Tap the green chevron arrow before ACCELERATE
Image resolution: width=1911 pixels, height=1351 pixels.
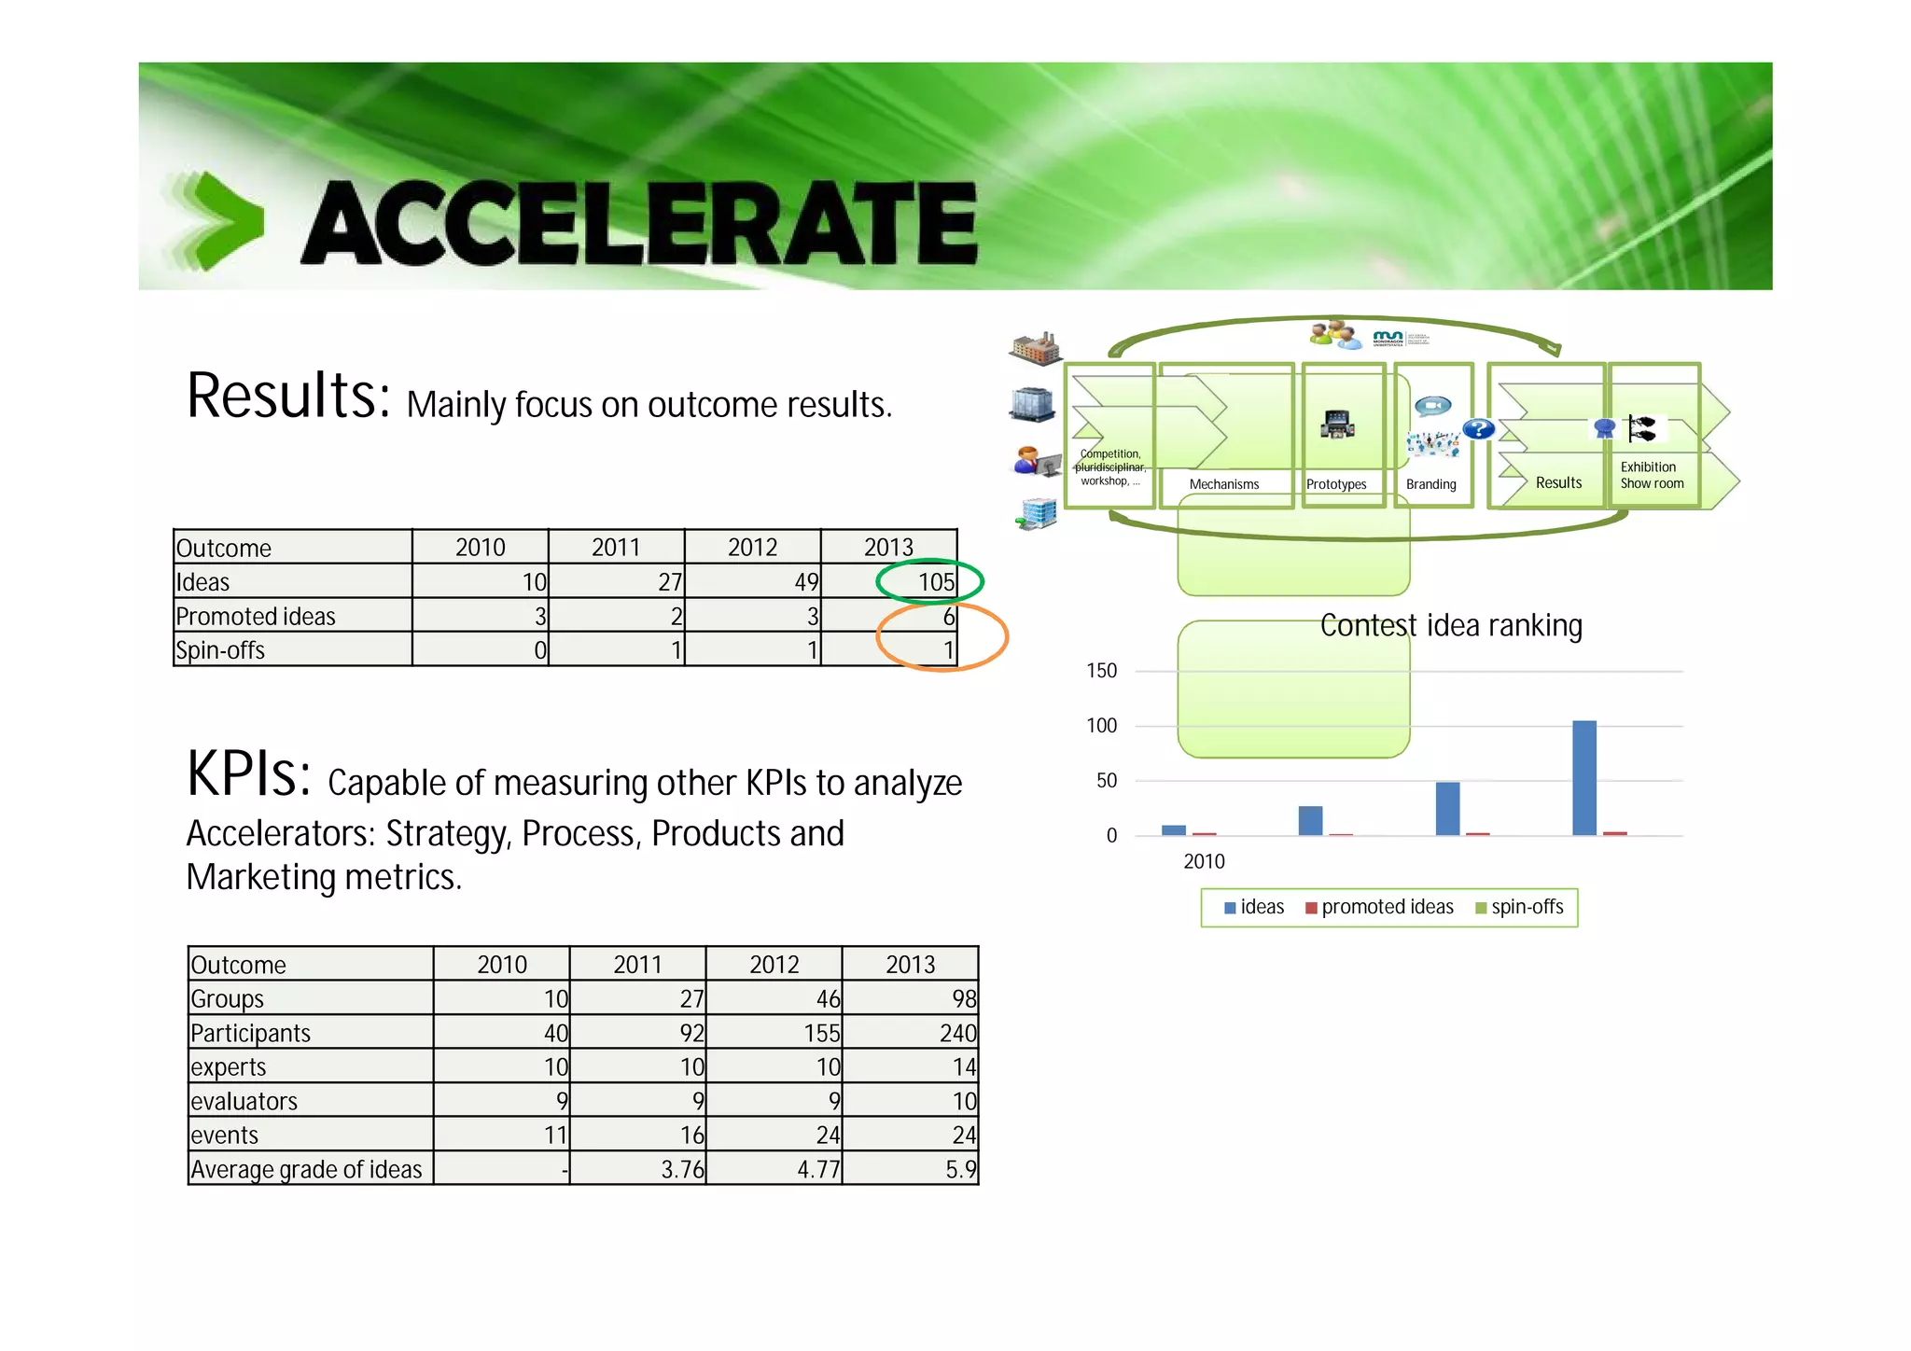point(224,222)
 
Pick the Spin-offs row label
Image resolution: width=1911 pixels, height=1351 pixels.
point(220,650)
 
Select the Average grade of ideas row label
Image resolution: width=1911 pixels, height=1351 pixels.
point(306,1169)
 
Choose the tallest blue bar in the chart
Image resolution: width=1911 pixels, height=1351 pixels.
point(1583,777)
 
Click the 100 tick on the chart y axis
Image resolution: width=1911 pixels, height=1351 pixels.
point(1101,726)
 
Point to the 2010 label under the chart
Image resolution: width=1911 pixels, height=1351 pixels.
point(1204,861)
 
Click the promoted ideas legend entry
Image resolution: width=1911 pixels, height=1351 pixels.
point(1380,907)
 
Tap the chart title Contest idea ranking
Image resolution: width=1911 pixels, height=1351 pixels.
point(1451,625)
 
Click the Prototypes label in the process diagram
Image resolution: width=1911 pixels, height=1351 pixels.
point(1335,484)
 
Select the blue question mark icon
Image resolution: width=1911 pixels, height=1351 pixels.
point(1478,429)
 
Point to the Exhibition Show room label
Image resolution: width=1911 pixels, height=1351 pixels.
point(1651,475)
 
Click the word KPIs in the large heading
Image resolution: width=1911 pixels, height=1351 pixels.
point(248,774)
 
